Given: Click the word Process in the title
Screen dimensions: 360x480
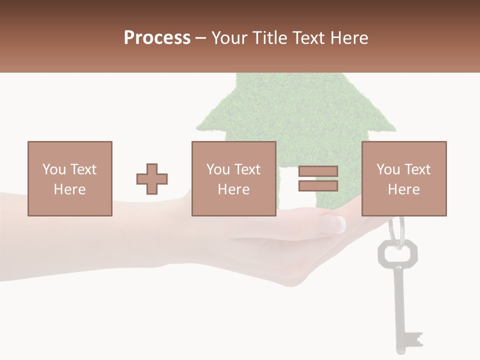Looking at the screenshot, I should (x=157, y=38).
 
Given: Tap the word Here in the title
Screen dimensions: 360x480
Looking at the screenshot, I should (x=348, y=38).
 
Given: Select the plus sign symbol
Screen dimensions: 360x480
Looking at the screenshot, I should (x=152, y=179).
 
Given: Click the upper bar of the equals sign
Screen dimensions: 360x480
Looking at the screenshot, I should (x=318, y=171).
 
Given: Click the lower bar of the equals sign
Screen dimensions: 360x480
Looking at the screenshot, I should (x=318, y=185).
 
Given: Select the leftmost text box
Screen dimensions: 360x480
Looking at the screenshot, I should (x=70, y=178).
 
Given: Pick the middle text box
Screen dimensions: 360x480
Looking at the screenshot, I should (x=234, y=178).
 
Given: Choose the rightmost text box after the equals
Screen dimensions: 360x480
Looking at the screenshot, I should (x=404, y=178).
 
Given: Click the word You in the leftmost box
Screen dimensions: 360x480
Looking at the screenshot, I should (x=53, y=169).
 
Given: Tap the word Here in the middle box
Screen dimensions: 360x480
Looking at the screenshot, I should (x=234, y=189).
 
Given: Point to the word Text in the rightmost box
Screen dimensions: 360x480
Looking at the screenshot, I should (x=417, y=169).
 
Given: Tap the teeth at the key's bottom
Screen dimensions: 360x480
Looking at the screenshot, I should (x=414, y=339).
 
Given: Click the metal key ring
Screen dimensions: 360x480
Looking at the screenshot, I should (x=396, y=230).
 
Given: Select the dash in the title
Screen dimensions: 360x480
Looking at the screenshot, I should (x=201, y=38).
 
